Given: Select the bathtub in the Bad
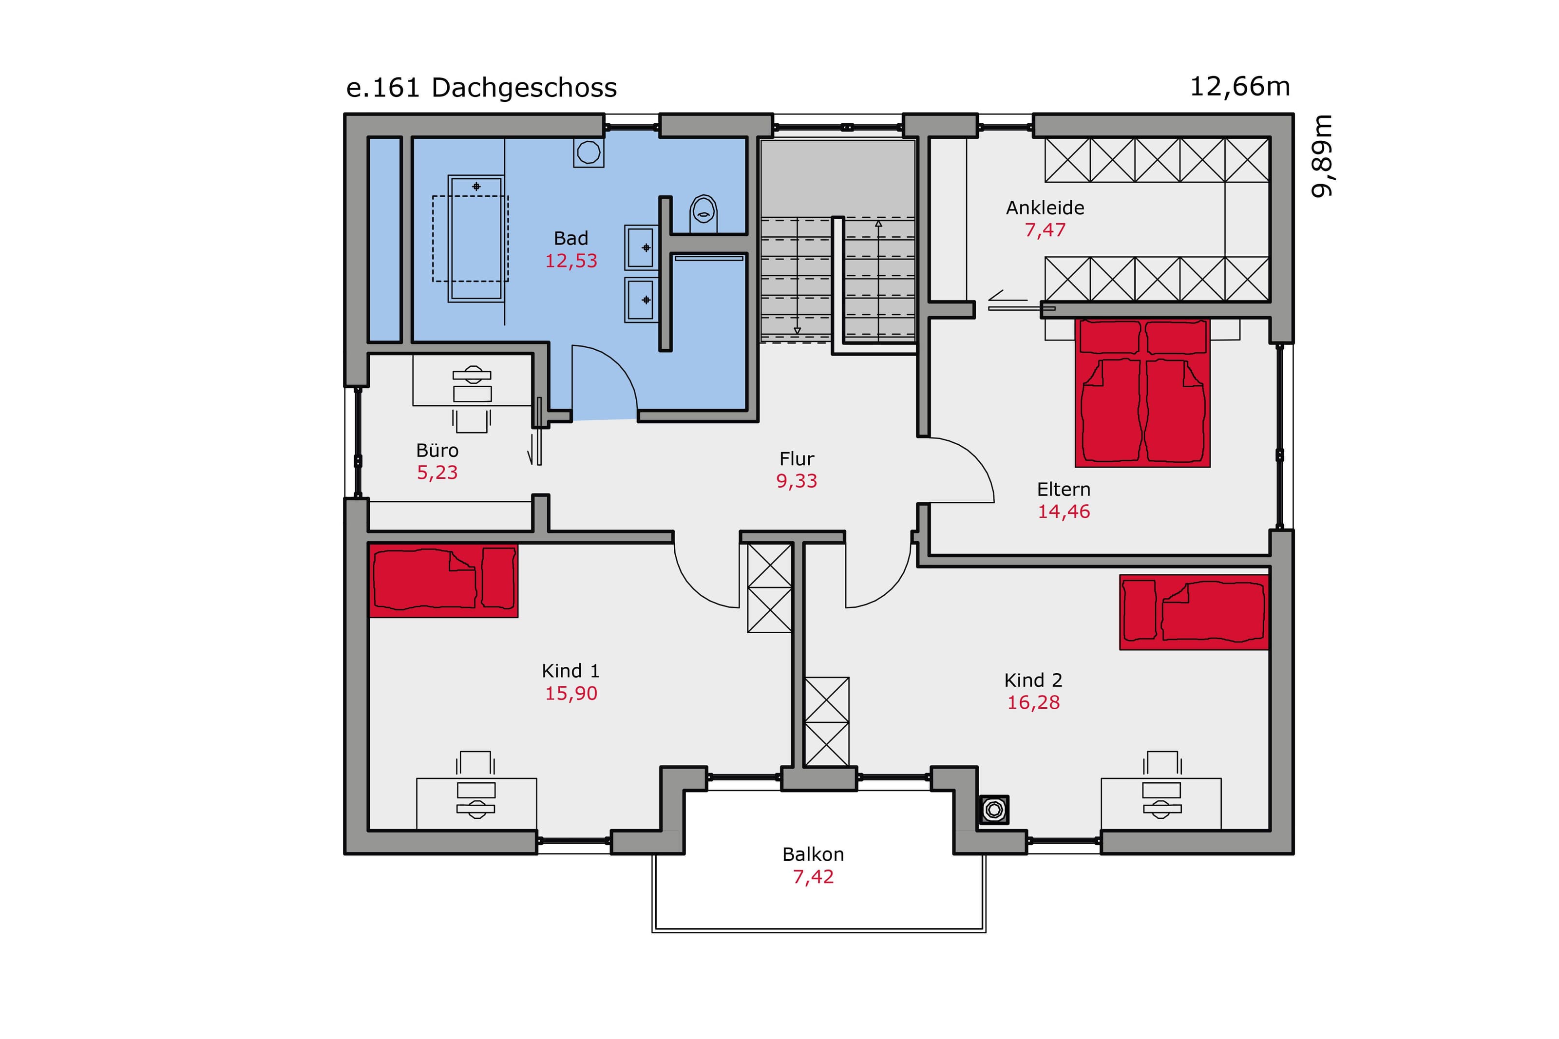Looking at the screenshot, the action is [475, 239].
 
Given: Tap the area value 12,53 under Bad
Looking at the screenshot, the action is [570, 261].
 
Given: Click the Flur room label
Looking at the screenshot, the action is [797, 458].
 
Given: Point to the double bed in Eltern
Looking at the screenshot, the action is [1142, 393].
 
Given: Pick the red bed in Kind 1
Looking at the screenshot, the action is [443, 581].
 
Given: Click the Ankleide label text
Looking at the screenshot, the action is [1045, 208].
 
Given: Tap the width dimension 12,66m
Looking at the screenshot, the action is [1239, 87].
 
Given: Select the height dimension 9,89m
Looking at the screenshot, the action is [1322, 156].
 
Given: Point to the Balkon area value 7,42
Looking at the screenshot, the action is [813, 877].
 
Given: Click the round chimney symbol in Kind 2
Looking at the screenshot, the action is [994, 810].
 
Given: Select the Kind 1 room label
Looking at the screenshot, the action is [570, 671].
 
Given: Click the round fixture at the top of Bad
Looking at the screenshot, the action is [589, 153].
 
